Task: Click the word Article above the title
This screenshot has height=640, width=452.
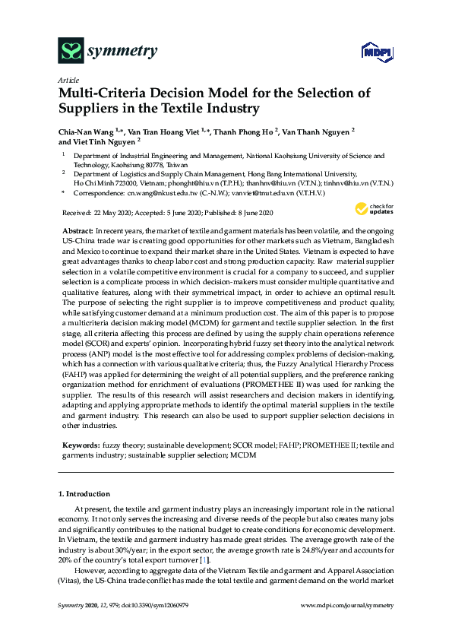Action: pyautogui.click(x=67, y=79)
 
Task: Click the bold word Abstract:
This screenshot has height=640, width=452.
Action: pyautogui.click(x=77, y=230)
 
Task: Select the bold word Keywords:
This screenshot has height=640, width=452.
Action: pyautogui.click(x=80, y=444)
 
